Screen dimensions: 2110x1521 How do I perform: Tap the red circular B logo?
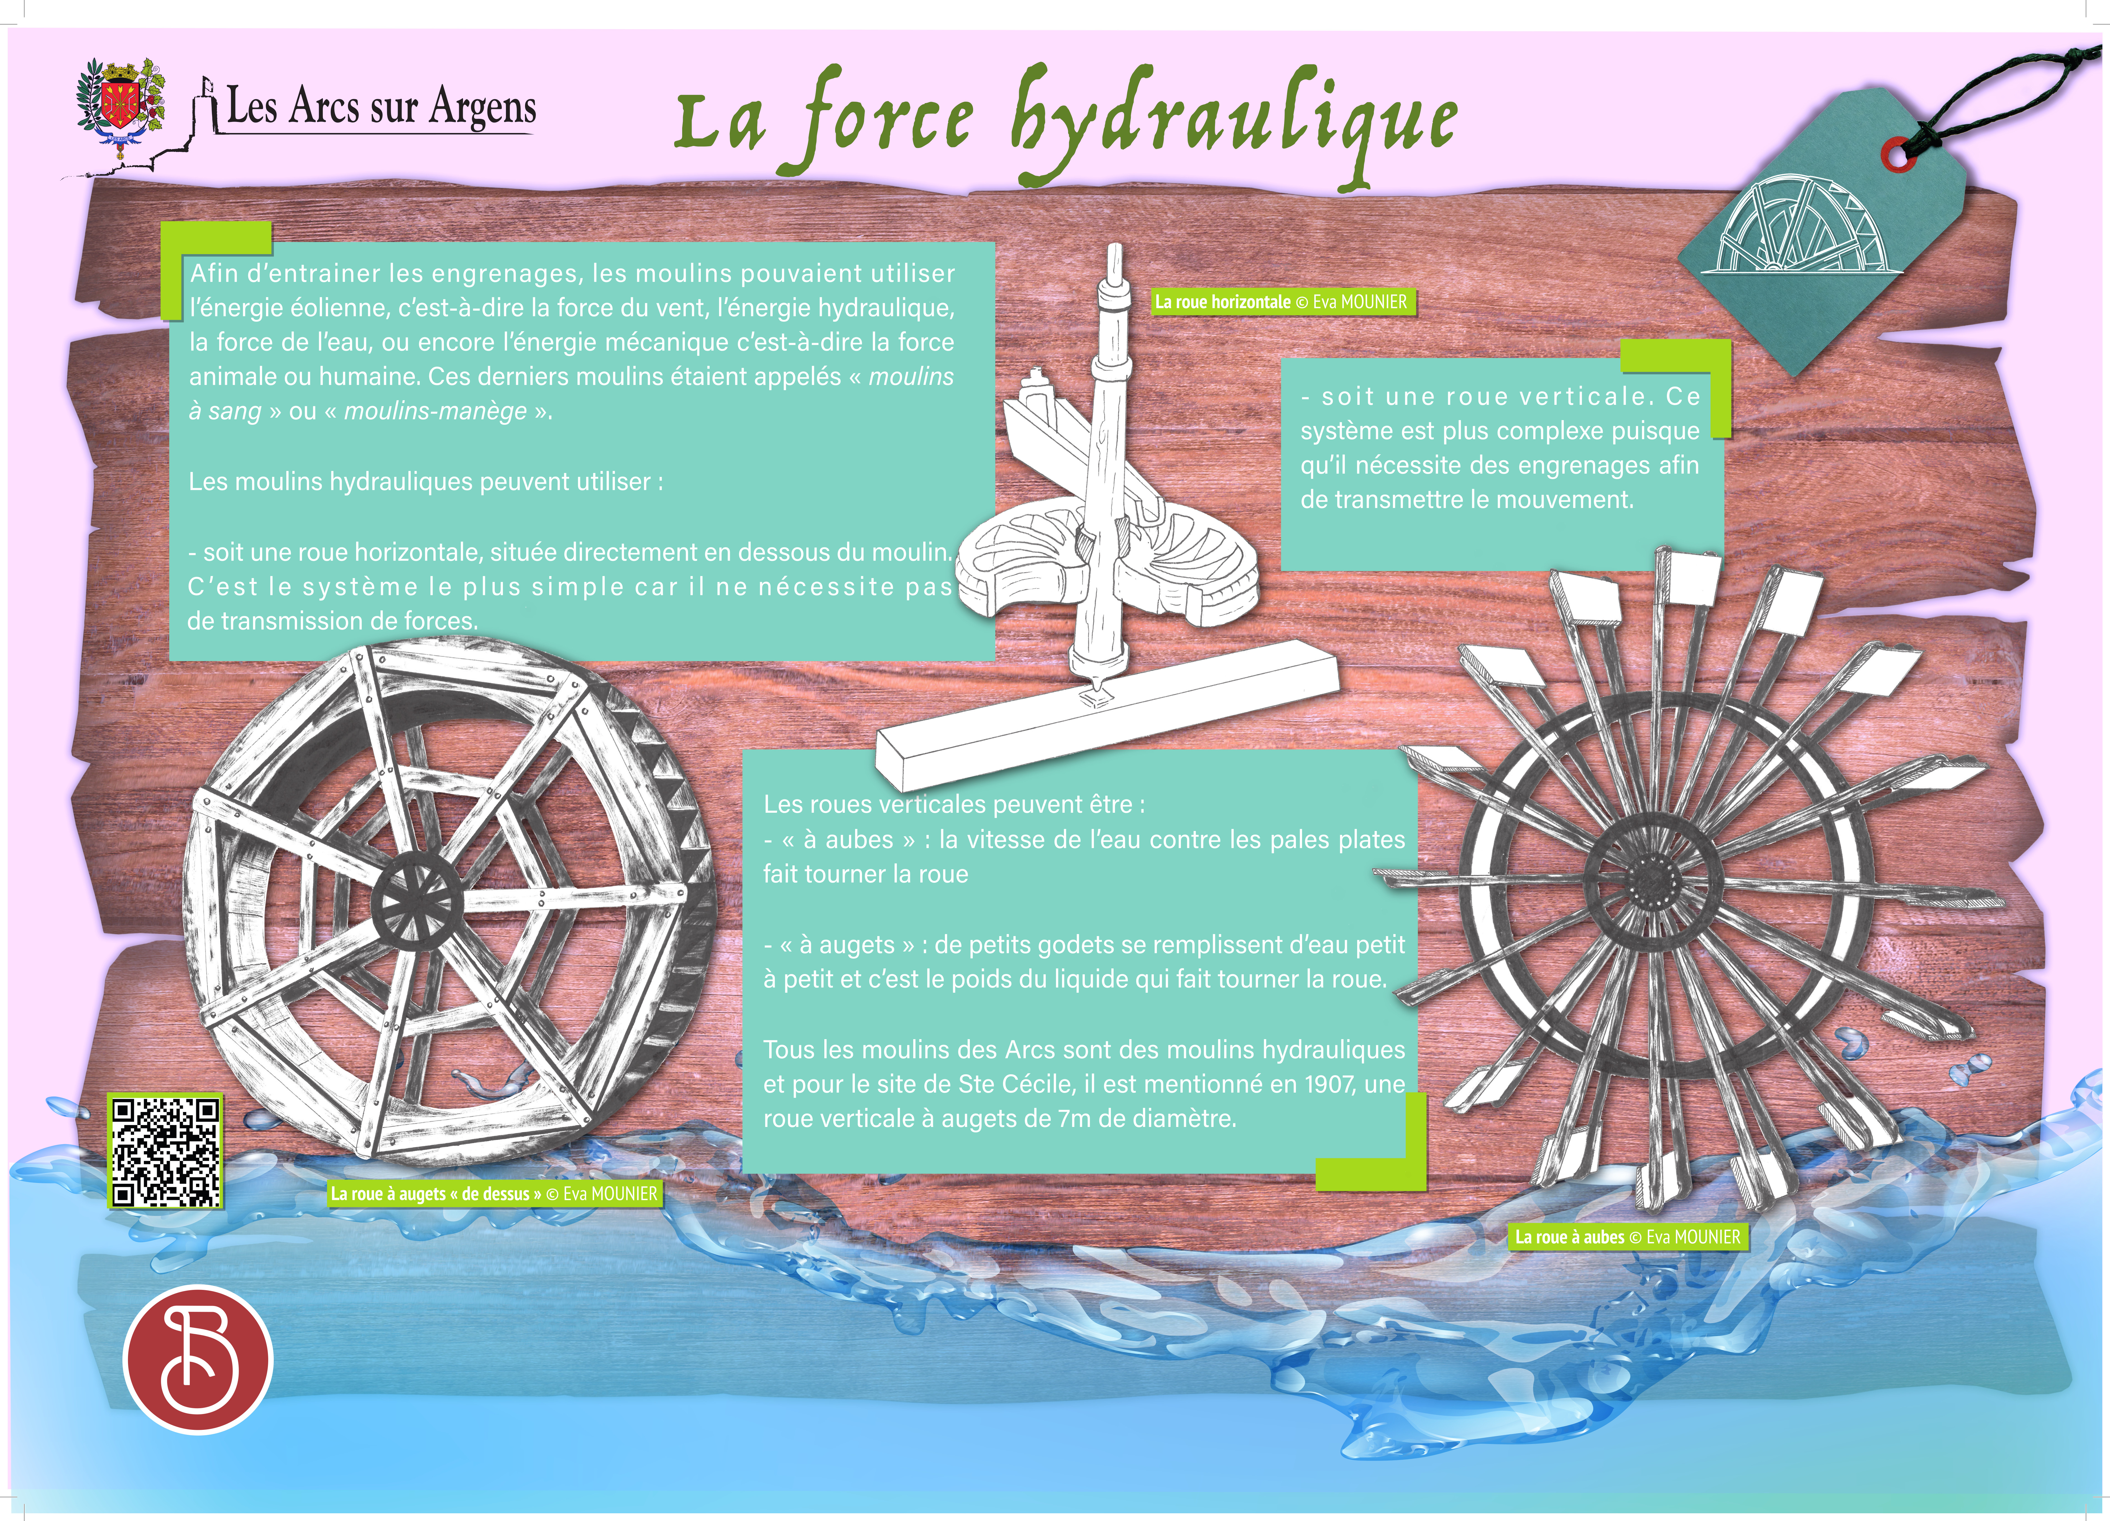tap(197, 1358)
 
